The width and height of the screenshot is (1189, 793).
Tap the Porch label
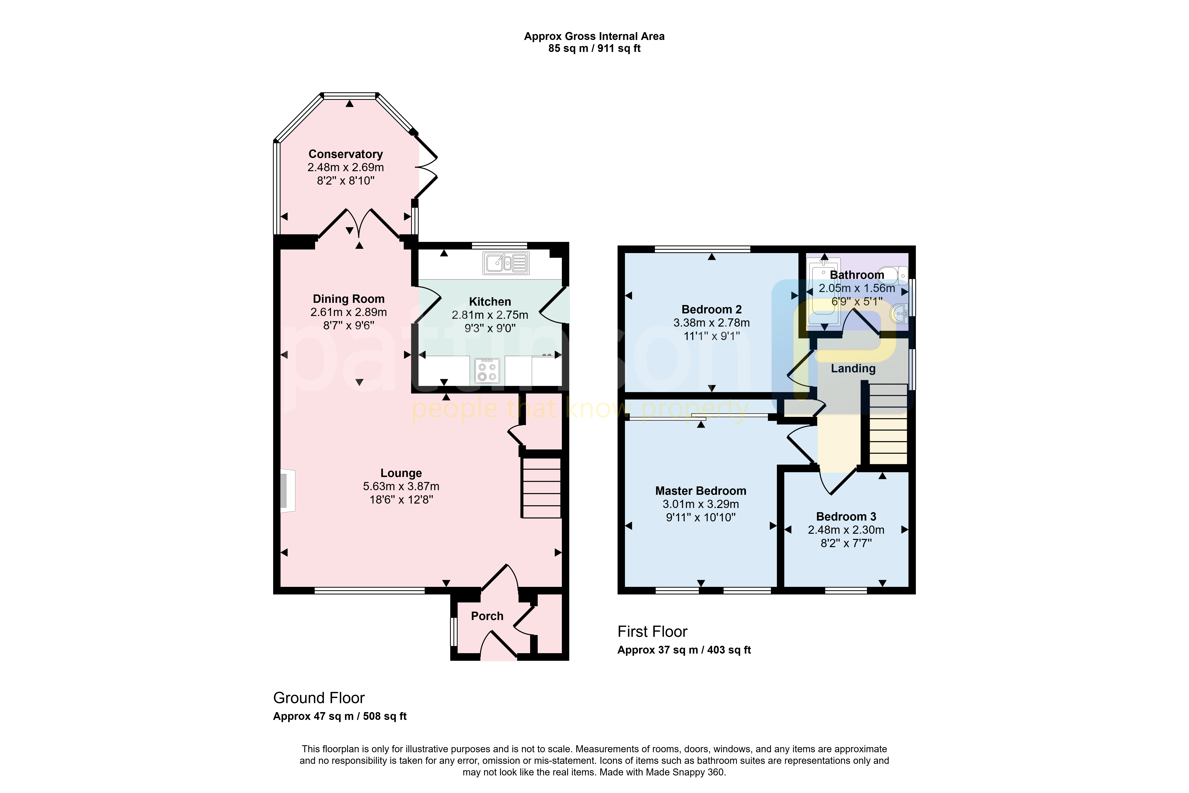click(x=487, y=616)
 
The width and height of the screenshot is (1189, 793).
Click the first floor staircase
click(x=888, y=424)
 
